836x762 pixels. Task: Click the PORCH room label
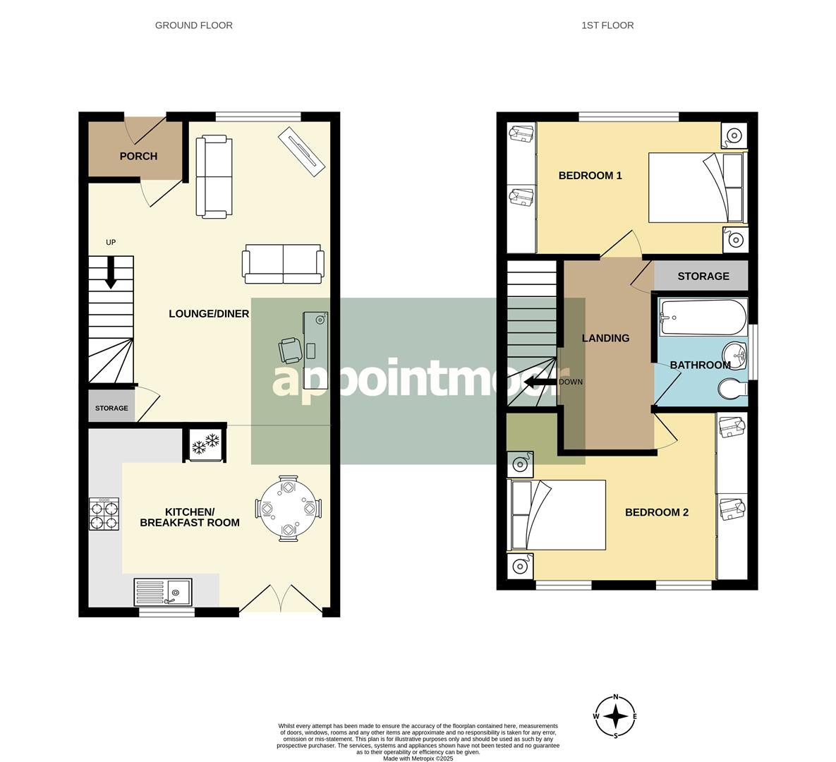pyautogui.click(x=138, y=156)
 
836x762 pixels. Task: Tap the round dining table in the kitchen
pyautogui.click(x=288, y=508)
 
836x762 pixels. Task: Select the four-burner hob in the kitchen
pyautogui.click(x=104, y=514)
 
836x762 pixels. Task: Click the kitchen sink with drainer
pyautogui.click(x=162, y=592)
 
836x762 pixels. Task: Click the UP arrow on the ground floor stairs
pyautogui.click(x=110, y=272)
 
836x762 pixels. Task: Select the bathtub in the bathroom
pyautogui.click(x=702, y=318)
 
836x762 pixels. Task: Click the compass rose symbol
pyautogui.click(x=616, y=716)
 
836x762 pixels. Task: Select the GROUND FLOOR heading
pyautogui.click(x=194, y=25)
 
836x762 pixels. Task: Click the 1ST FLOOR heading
pyautogui.click(x=607, y=25)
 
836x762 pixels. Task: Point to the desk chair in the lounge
pyautogui.click(x=291, y=350)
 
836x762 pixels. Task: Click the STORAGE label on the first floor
pyautogui.click(x=703, y=276)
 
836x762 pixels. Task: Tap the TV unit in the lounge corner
pyautogui.click(x=302, y=151)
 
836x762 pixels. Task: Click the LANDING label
pyautogui.click(x=605, y=338)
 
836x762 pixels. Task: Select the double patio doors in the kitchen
pyautogui.click(x=280, y=599)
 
